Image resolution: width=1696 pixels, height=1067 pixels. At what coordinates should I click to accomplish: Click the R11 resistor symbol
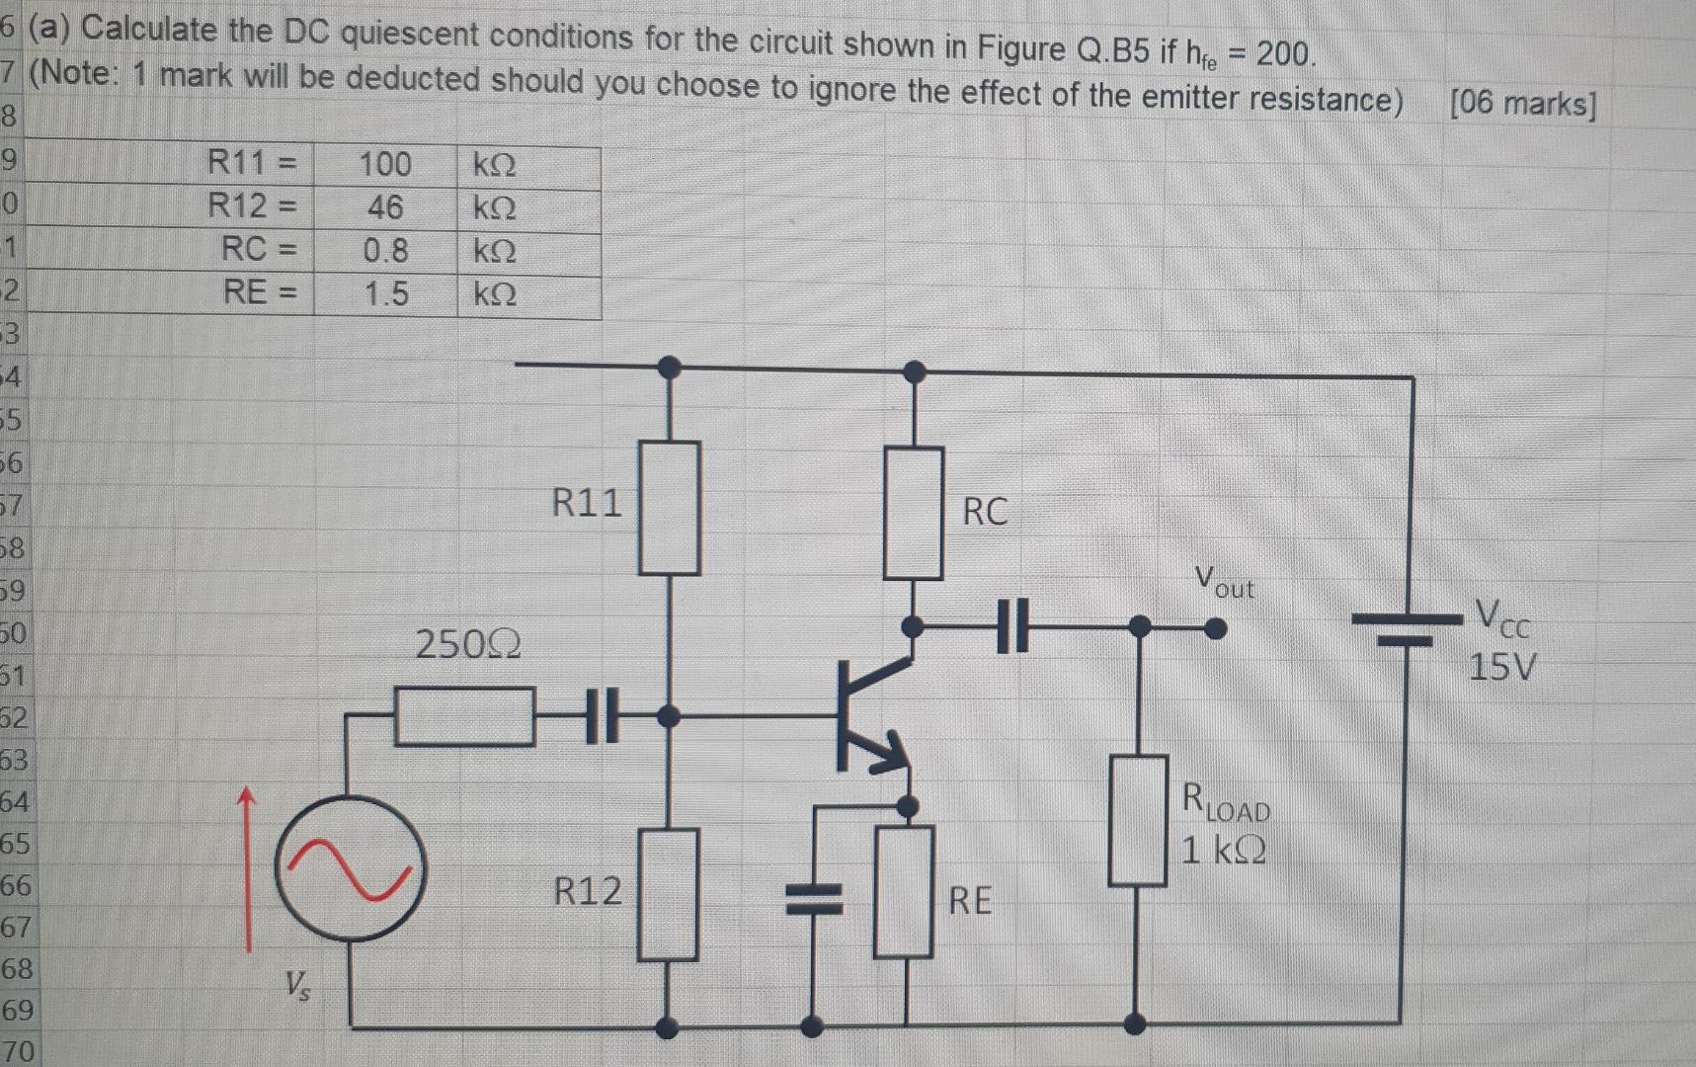point(669,508)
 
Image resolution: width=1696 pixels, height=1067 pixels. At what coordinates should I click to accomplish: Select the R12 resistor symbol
point(668,894)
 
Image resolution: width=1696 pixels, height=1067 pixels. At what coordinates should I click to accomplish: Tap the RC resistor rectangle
point(913,512)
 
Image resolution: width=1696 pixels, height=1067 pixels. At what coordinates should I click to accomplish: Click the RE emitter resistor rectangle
point(904,892)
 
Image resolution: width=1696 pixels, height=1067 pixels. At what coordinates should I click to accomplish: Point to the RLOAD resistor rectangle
point(1137,820)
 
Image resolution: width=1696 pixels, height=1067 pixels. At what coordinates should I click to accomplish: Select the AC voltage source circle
point(351,868)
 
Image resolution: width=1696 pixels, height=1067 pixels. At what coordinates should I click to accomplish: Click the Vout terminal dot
point(1217,628)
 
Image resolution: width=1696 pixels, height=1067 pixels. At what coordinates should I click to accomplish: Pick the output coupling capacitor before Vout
point(1011,626)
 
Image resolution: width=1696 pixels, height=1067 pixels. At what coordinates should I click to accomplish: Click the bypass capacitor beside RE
point(813,900)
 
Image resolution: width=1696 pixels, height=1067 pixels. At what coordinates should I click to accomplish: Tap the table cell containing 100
point(385,164)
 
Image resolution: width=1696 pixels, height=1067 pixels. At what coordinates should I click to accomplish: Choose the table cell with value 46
point(385,207)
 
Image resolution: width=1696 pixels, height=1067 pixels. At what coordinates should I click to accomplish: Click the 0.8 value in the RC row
point(385,251)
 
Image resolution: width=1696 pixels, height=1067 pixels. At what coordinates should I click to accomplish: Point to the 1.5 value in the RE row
point(385,294)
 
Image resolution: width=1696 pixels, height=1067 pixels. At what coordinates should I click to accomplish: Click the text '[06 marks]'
point(1522,103)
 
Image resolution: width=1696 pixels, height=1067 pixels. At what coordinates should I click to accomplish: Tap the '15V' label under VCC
point(1501,668)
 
